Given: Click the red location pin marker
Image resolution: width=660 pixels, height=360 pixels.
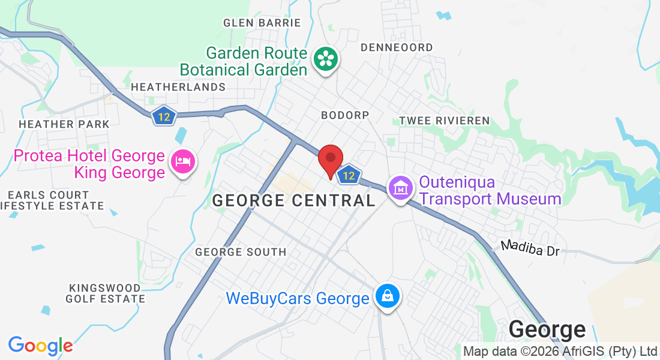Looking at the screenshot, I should (x=330, y=159).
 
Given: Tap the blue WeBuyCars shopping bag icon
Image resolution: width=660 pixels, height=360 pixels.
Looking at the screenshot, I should (x=388, y=296).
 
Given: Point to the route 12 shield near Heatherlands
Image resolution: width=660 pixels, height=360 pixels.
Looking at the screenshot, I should (x=163, y=115).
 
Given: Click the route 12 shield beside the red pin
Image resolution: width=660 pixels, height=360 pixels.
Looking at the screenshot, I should (x=348, y=175).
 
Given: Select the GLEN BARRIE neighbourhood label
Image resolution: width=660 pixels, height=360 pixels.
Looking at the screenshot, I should (x=262, y=23).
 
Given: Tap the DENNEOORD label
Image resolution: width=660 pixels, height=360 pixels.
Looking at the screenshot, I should (x=397, y=47).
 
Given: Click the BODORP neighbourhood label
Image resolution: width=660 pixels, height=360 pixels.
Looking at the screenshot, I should (x=344, y=114).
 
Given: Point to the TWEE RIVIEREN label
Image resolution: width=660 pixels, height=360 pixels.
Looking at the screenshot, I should (x=445, y=121).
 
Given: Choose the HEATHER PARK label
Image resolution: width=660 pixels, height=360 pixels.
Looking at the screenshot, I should (x=64, y=124).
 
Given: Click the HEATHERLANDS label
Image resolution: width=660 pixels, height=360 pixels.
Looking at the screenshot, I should (x=178, y=87).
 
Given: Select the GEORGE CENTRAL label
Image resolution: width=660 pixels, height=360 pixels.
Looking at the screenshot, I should (x=294, y=200).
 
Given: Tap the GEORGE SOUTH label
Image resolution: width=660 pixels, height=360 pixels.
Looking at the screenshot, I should (x=241, y=252).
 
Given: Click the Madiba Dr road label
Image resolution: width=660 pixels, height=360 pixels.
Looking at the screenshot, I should (x=530, y=248).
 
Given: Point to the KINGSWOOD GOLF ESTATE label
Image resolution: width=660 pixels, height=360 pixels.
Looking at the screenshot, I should (x=106, y=293).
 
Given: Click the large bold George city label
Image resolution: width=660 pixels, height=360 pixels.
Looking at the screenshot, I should (x=547, y=329).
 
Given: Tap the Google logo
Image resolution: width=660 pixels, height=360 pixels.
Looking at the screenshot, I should (x=40, y=346).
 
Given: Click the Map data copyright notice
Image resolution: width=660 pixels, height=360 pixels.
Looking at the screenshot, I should (x=560, y=351).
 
